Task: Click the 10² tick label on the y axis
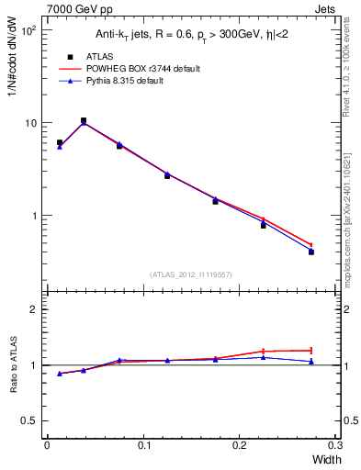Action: pyautogui.click(x=28, y=30)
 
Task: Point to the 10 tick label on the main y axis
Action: pyautogui.click(x=29, y=123)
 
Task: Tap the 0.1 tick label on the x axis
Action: pyautogui.click(x=143, y=445)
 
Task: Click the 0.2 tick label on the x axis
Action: pyautogui.click(x=239, y=445)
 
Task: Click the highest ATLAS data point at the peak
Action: pyautogui.click(x=84, y=120)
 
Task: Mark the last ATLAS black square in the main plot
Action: pyautogui.click(x=311, y=252)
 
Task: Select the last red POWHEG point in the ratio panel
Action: pyautogui.click(x=311, y=350)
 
